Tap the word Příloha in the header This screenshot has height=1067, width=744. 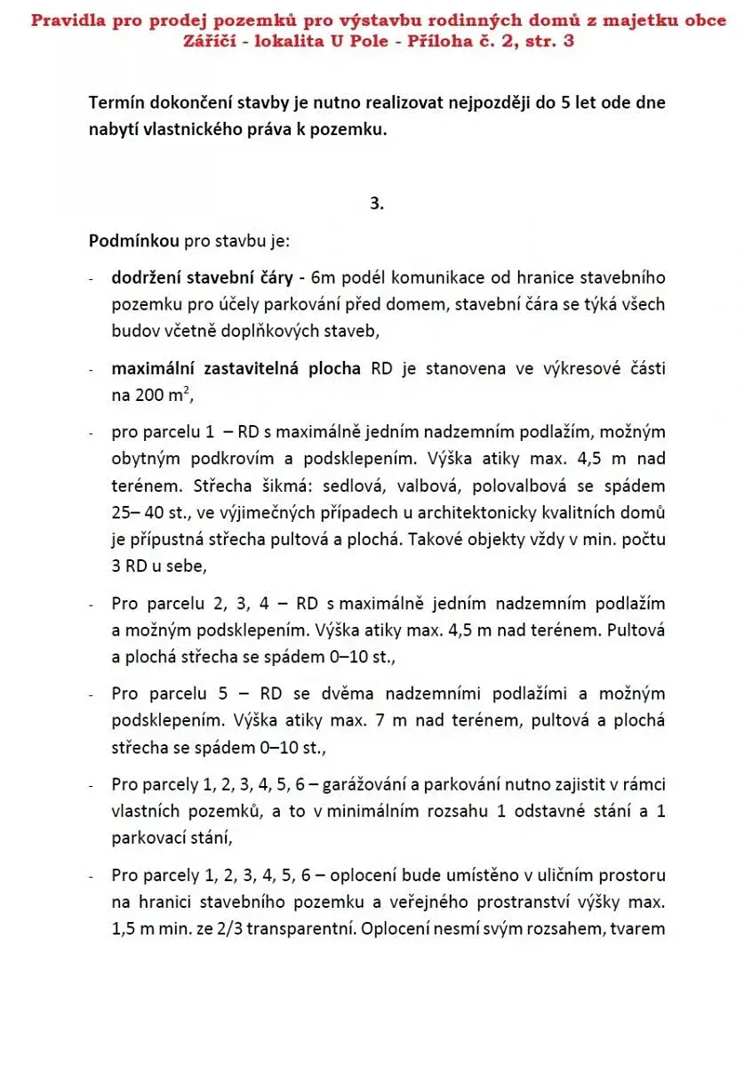coord(452,41)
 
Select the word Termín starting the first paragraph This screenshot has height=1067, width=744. coord(118,103)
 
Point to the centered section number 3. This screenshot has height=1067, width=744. coord(377,203)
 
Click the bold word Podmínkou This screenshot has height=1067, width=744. coord(130,241)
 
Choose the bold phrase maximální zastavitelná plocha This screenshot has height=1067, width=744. coord(236,369)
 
